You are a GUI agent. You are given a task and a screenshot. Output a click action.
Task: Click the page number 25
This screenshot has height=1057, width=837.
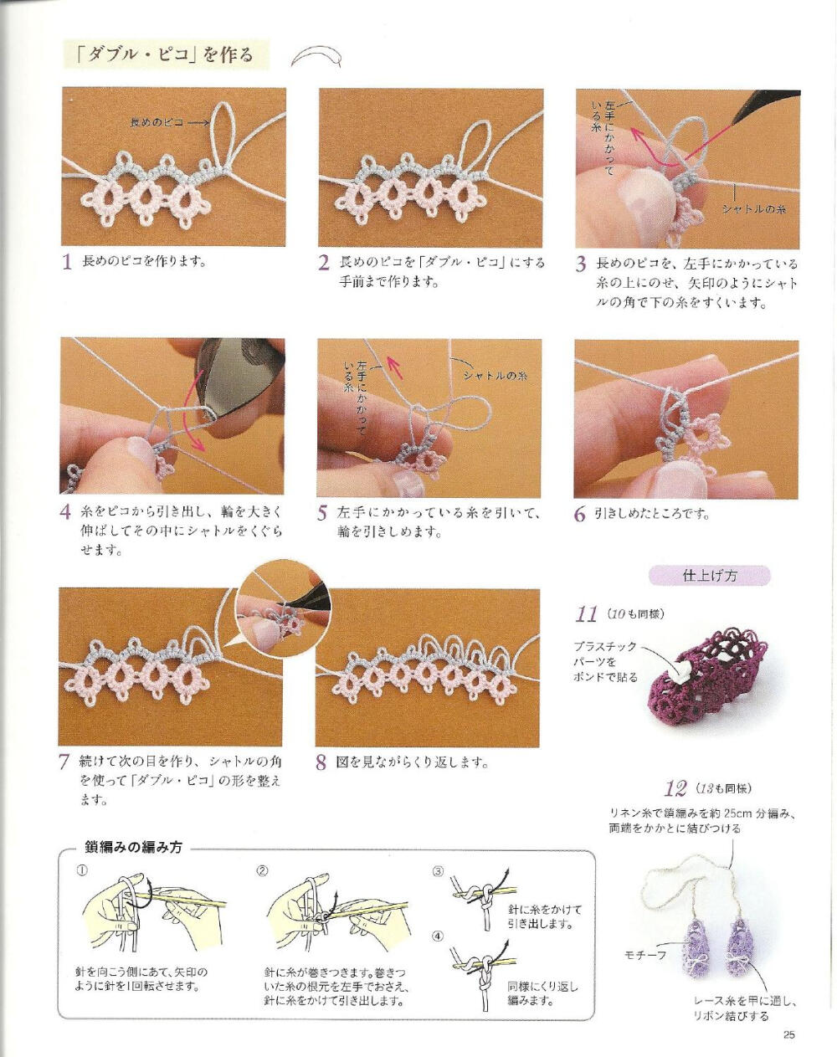point(788,1034)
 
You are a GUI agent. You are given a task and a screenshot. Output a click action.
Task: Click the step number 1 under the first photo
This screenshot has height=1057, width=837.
point(68,262)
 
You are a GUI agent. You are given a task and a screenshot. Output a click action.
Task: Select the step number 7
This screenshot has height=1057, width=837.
point(64,762)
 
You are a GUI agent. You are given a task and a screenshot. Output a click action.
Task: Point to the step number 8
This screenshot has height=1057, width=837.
point(321,762)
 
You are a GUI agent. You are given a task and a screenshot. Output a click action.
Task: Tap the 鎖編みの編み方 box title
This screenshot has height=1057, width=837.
point(134,846)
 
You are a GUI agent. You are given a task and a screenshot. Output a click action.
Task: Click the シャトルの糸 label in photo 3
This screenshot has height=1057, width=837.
point(753,208)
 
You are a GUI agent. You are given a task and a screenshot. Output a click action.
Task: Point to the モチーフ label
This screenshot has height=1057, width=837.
point(644,954)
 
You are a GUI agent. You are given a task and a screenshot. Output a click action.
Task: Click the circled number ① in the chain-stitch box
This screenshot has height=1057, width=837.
point(82,870)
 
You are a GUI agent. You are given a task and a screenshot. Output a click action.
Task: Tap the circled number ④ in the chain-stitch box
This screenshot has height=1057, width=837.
point(438,936)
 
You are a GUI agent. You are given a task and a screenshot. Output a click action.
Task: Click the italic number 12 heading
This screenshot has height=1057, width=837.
point(675,788)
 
